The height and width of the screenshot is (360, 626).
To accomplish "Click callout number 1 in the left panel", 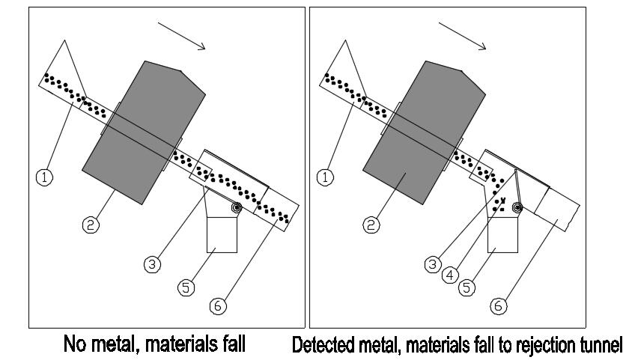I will pos(44,178).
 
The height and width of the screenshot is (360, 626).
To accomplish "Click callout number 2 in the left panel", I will pos(91,225).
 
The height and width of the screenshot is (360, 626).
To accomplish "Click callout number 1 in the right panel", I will pos(325,178).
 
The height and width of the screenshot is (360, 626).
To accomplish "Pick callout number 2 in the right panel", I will pos(371,225).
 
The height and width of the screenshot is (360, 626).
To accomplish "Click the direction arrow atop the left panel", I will pos(181,35).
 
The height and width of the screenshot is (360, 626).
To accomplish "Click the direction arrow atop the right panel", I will pos(462,36).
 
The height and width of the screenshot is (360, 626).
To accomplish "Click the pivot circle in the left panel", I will pos(237,208).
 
